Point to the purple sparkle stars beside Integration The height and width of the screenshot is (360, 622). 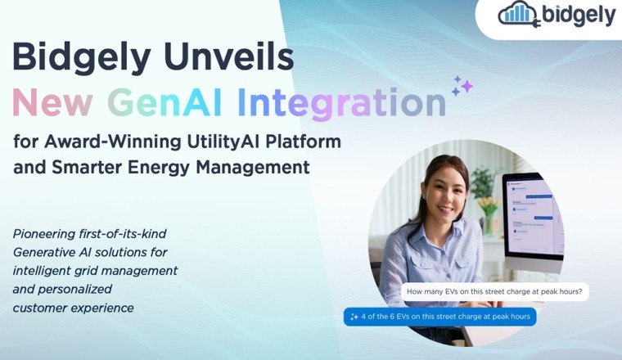[x=462, y=84]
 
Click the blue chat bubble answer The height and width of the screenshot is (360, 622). [x=439, y=317]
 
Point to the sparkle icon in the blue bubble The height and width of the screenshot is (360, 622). [x=354, y=317]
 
